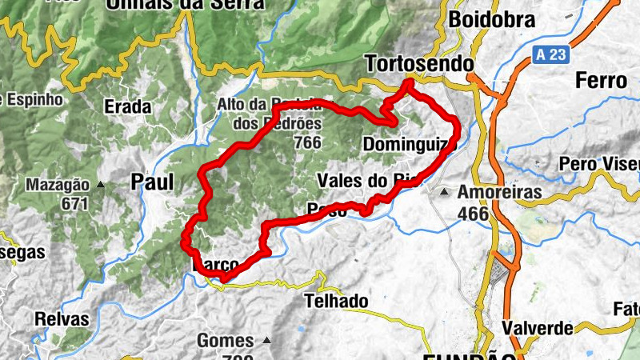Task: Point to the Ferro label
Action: click(600, 81)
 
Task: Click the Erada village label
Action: click(128, 106)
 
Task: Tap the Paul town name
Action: click(152, 182)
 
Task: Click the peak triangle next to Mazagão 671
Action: click(101, 185)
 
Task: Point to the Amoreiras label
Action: click(499, 193)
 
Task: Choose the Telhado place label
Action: click(337, 302)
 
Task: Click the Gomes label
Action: click(225, 341)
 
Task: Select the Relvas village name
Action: click(62, 318)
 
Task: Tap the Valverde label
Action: click(538, 328)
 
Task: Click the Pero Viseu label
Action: click(600, 164)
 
